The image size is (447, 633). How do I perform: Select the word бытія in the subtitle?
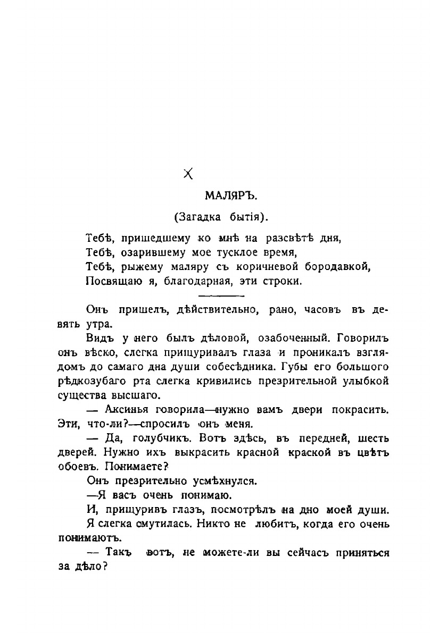coord(248,216)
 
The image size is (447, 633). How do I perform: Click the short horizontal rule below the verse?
coord(220,295)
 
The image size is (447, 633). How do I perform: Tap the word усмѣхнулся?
coord(223,482)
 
